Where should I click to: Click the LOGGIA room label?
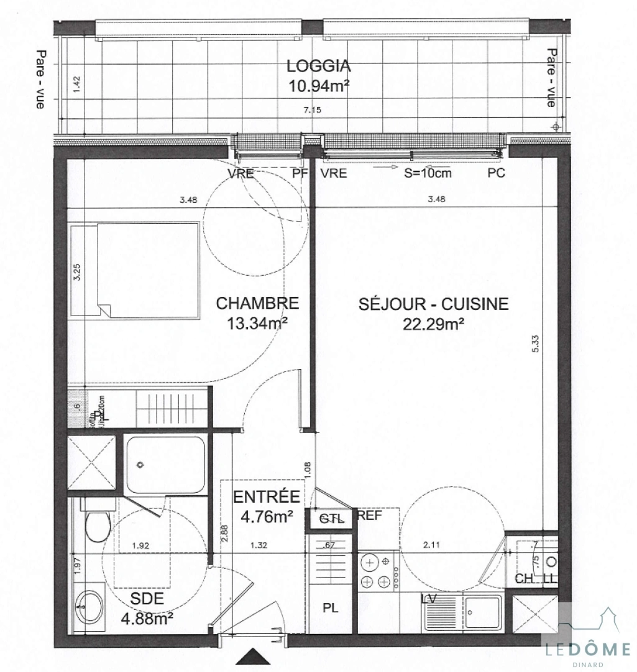pyautogui.click(x=318, y=66)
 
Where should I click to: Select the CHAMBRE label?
pyautogui.click(x=257, y=304)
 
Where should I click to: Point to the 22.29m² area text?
pyautogui.click(x=434, y=323)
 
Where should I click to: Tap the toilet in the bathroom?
pyautogui.click(x=98, y=525)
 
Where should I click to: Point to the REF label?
pyautogui.click(x=369, y=515)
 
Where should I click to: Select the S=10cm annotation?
pyautogui.click(x=428, y=174)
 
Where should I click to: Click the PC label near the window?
pyautogui.click(x=496, y=174)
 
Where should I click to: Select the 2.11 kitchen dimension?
pyautogui.click(x=431, y=546)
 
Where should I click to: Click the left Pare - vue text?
pyautogui.click(x=40, y=80)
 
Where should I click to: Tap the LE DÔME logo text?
pyautogui.click(x=587, y=650)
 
